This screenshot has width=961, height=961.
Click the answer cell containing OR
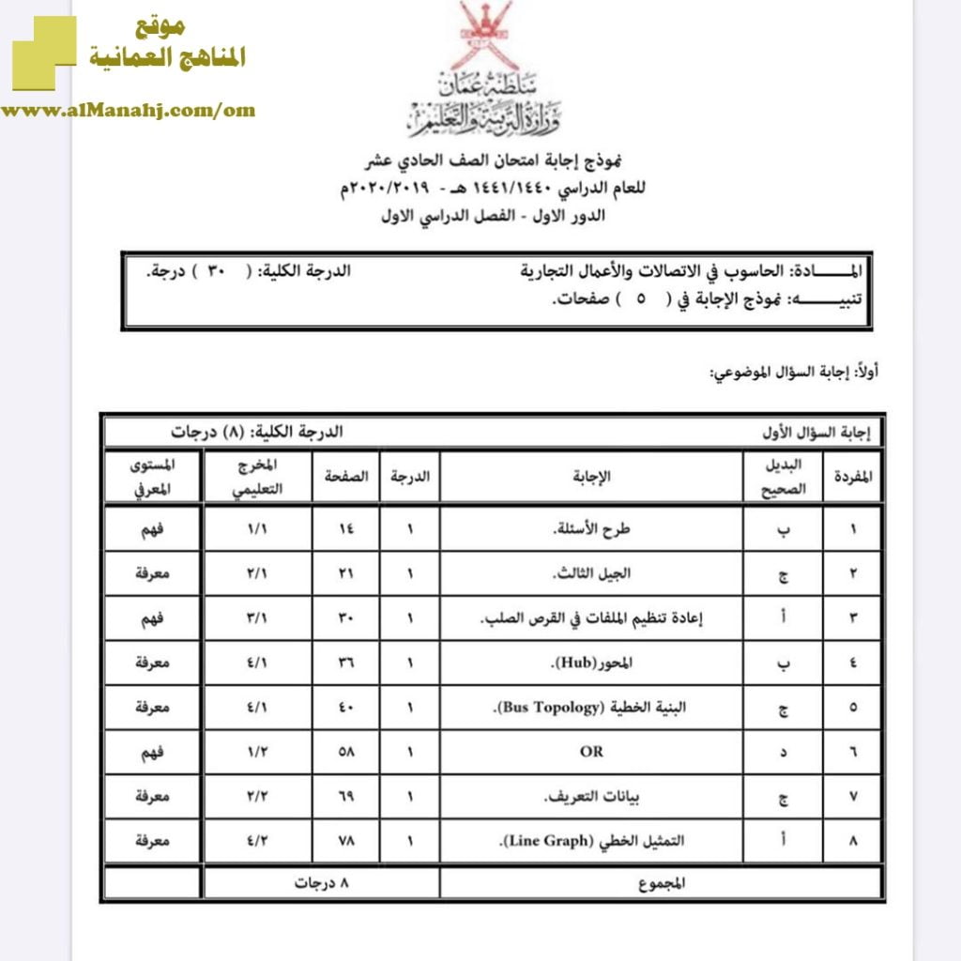click(591, 752)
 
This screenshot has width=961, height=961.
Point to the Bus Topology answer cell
click(592, 707)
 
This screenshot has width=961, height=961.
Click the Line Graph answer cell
click(591, 842)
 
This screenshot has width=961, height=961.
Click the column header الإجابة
click(591, 476)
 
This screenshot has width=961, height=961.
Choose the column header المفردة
click(853, 476)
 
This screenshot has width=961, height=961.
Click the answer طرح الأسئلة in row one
click(592, 528)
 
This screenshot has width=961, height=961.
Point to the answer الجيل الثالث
click(592, 573)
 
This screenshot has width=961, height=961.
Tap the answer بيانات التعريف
click(592, 798)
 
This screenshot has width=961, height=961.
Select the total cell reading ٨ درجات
click(320, 883)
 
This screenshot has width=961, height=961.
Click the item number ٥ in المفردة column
click(853, 708)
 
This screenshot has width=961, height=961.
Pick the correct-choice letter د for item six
click(784, 752)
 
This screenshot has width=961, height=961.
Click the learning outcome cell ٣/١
click(256, 618)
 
